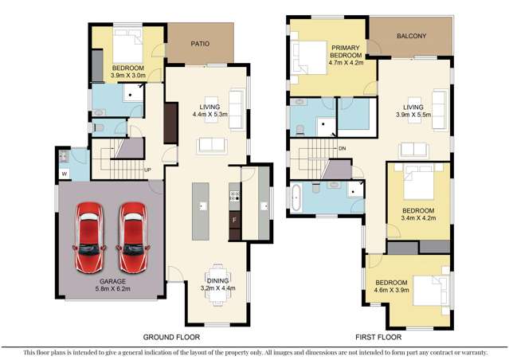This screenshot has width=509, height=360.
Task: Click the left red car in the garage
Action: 89,237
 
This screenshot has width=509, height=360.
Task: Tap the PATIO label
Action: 199,45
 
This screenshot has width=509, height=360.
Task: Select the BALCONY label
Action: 409,36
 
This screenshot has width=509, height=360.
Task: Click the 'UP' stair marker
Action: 147,170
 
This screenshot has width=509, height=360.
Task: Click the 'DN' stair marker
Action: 341,148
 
